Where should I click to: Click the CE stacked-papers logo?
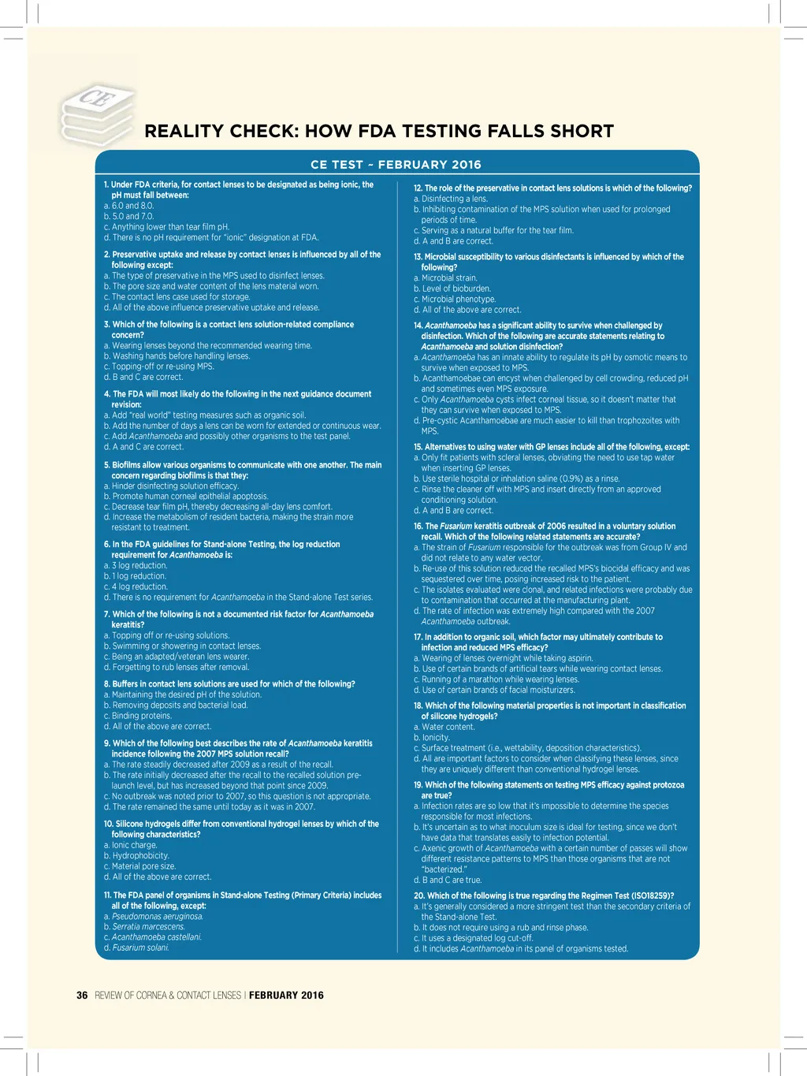(97, 115)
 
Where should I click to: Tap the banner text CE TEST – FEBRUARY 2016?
(396, 165)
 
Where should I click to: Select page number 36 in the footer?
(82, 995)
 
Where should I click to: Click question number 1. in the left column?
(107, 184)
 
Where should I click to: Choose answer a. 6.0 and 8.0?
(129, 206)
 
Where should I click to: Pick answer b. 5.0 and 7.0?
(129, 216)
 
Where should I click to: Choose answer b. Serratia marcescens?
(145, 926)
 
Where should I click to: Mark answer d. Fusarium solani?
(137, 948)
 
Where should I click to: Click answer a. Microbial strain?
(445, 278)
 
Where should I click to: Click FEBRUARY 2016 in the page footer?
(286, 995)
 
